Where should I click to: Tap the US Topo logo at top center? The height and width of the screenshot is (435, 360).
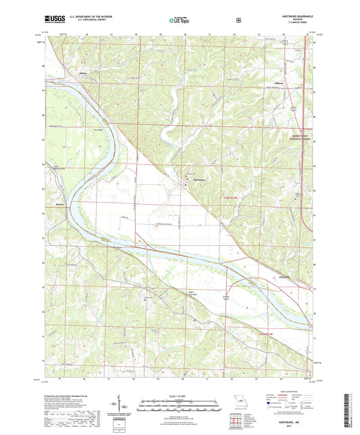[178, 20]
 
